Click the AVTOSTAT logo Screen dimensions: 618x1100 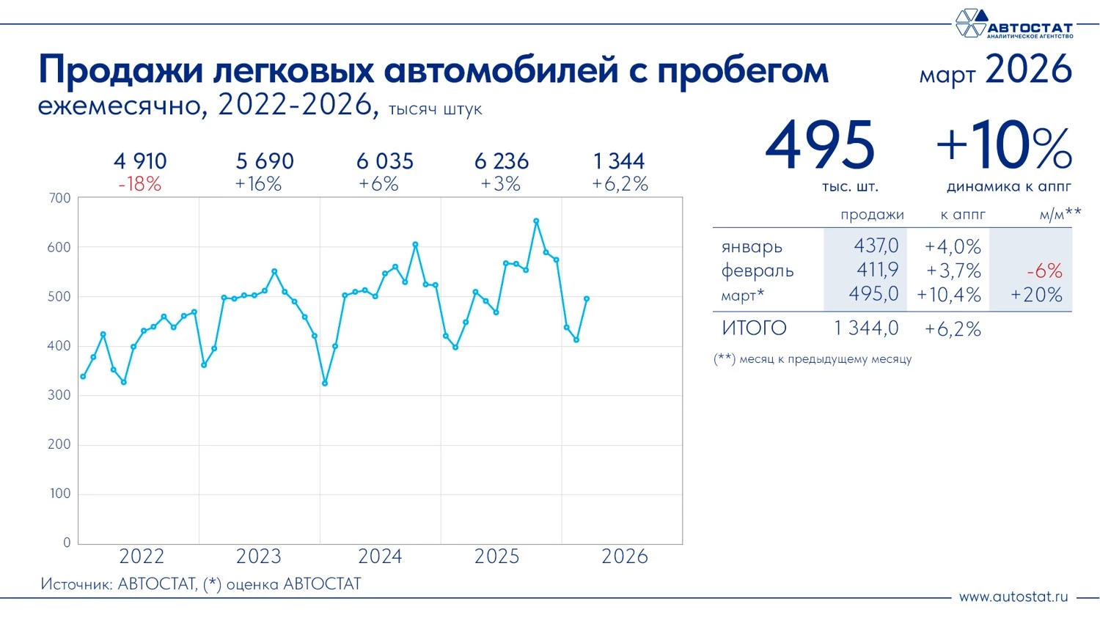tap(1013, 23)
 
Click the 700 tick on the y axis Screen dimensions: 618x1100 tap(60, 198)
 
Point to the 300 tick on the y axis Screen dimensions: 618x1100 tap(60, 395)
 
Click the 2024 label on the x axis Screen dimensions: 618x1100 tap(380, 556)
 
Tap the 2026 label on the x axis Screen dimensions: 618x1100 tap(625, 556)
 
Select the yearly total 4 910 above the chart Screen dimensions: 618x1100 tap(140, 161)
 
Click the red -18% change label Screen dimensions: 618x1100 tap(139, 184)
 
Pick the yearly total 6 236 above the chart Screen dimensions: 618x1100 tap(502, 161)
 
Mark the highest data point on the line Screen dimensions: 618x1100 tap(536, 221)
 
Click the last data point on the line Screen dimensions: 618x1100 tap(587, 298)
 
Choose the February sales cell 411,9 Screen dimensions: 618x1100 tap(877, 271)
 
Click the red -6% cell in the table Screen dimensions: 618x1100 tap(1044, 271)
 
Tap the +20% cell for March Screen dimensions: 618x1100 tap(1036, 295)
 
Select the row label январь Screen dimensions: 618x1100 tap(752, 247)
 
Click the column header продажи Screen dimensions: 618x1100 tap(872, 215)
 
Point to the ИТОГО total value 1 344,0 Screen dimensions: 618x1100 tap(866, 328)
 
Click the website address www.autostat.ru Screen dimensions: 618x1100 tap(1013, 597)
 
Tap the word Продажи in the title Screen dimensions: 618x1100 tap(120, 70)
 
